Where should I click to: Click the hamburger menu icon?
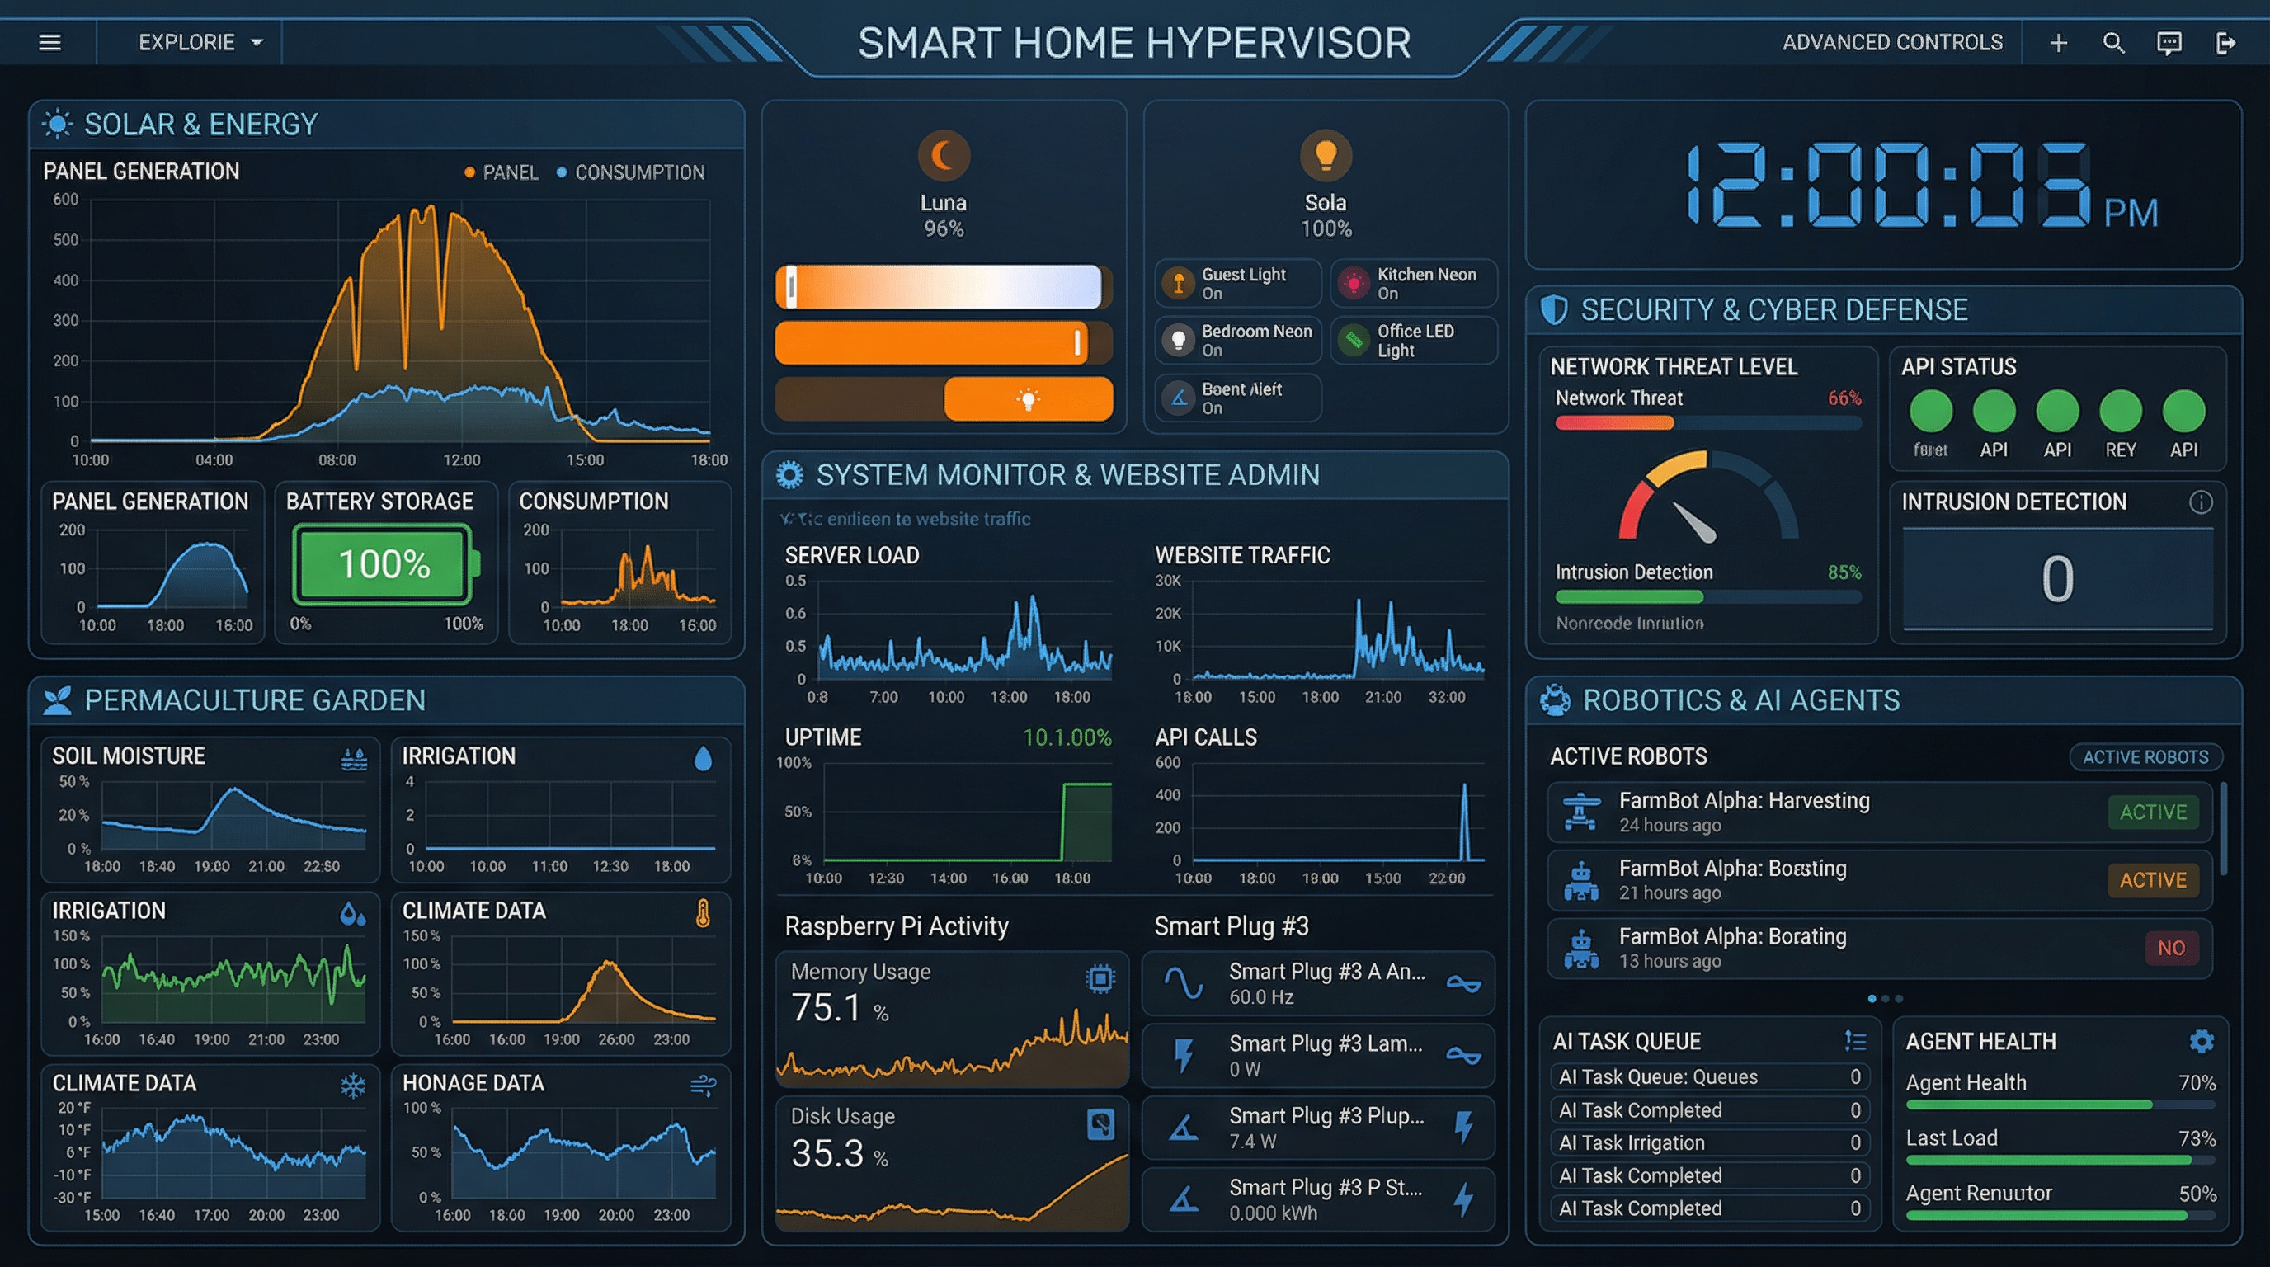50,42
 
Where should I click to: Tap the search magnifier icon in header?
2113,42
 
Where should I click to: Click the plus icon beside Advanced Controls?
2059,42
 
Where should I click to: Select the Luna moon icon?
943,156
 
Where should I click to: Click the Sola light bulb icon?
1326,155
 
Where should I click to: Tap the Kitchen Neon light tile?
1414,284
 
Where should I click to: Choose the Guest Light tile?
1237,284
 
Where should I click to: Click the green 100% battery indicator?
384,564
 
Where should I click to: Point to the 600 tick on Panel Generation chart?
66,199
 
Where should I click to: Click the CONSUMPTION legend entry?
631,172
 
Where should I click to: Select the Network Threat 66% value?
1844,398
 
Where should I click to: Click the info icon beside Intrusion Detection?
2201,502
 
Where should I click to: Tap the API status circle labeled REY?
2120,411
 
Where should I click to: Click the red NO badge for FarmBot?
2170,948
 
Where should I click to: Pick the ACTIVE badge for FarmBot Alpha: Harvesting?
2152,812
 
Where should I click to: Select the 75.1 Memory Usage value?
827,1008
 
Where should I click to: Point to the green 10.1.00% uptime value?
1067,737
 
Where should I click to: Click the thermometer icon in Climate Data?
702,914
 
